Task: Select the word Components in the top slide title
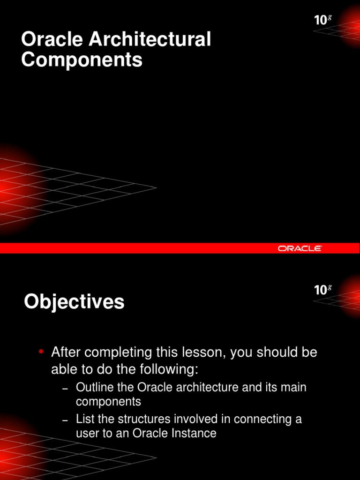click(x=82, y=60)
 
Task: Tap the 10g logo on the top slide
click(x=322, y=20)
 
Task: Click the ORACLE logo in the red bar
click(x=300, y=248)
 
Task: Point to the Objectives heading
click(x=74, y=302)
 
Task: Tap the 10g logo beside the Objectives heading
click(x=322, y=289)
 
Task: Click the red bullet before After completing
click(x=41, y=352)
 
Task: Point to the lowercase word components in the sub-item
click(x=108, y=402)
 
